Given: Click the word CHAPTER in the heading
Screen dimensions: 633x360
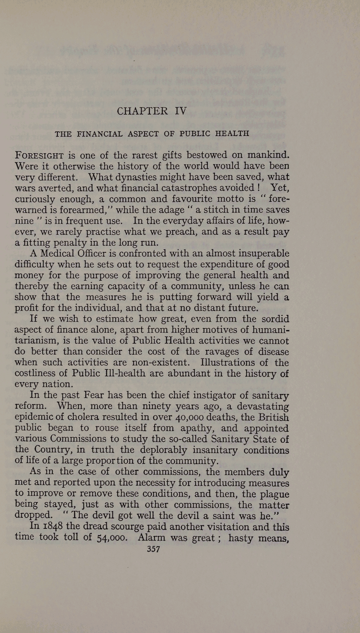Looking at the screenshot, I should point(142,111).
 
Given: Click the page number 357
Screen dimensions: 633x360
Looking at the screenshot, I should point(154,549).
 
